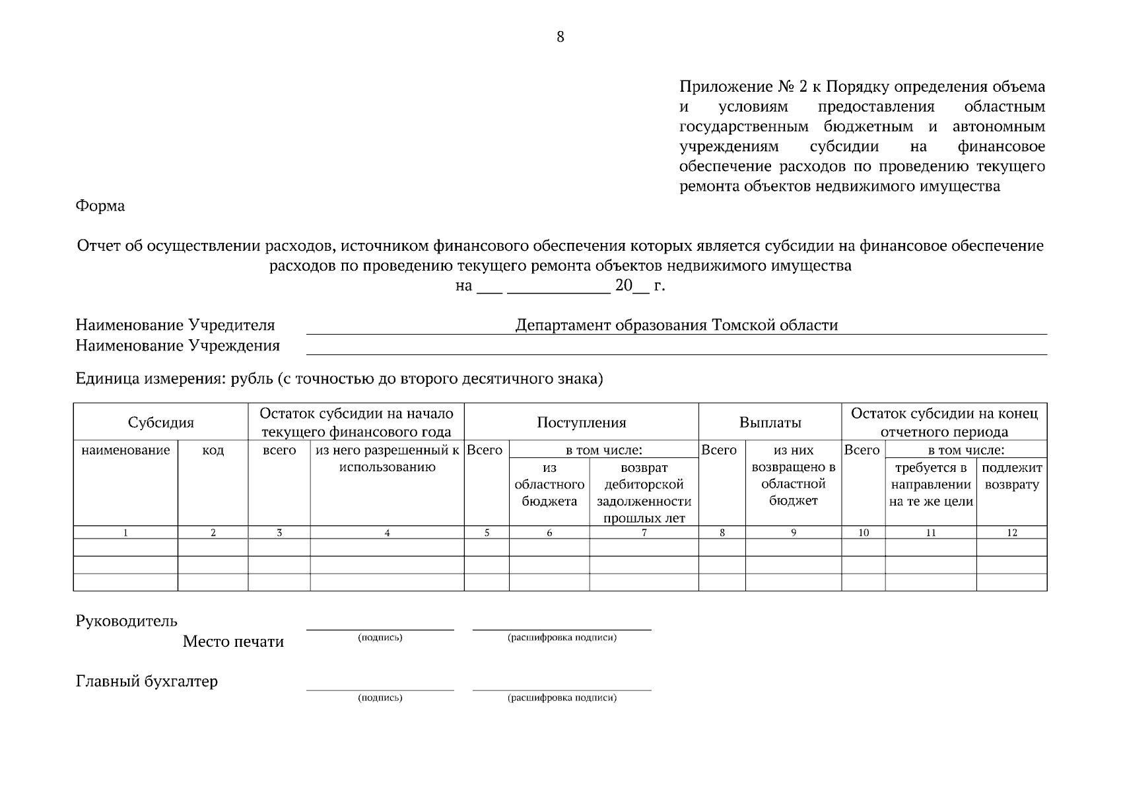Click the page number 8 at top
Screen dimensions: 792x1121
(560, 37)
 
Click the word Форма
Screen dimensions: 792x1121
(100, 206)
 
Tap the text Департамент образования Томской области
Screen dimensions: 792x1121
(676, 325)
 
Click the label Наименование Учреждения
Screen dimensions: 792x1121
(178, 346)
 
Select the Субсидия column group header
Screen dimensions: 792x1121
(161, 423)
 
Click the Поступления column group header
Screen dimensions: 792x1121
(581, 423)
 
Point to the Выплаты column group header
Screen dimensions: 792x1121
(770, 423)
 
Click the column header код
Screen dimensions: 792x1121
(213, 451)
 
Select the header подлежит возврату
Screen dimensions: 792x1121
(1011, 477)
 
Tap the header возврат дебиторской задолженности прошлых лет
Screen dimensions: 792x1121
(644, 493)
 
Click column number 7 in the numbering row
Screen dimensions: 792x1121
(644, 533)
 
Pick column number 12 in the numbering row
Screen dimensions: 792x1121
(1011, 533)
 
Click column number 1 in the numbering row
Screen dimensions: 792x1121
(125, 533)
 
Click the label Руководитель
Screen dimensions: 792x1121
(127, 621)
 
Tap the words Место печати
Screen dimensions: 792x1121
(233, 642)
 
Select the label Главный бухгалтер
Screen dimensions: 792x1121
(147, 682)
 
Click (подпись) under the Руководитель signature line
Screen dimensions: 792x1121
(380, 638)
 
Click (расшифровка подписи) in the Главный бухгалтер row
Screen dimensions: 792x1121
(562, 698)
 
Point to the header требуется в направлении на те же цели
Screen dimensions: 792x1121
(930, 485)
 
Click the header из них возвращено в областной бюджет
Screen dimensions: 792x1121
(793, 476)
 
